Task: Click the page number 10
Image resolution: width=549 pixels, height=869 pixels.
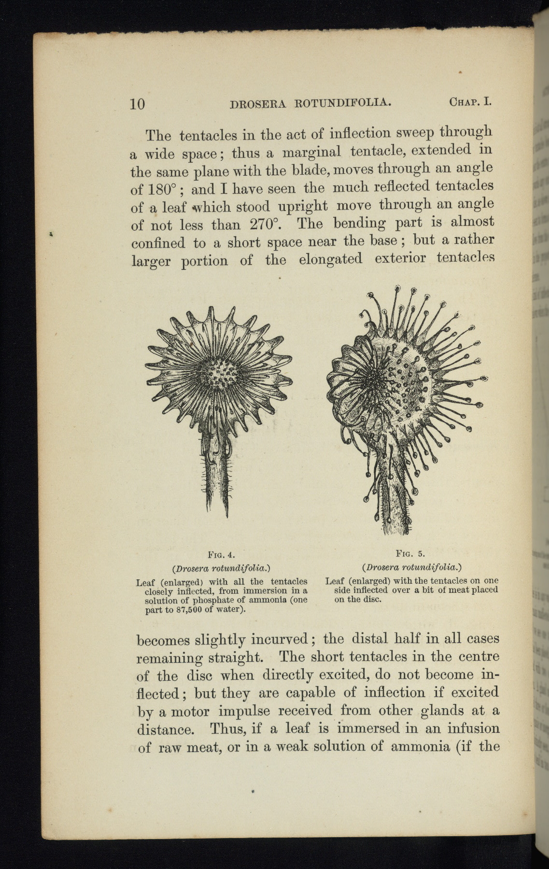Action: click(x=138, y=104)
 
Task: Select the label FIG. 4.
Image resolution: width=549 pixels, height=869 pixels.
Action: click(x=221, y=554)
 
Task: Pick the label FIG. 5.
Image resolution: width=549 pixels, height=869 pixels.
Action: click(x=410, y=553)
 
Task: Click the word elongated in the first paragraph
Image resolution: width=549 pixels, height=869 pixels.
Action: click(x=330, y=260)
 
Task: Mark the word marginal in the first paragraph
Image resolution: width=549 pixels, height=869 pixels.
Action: click(x=311, y=154)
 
